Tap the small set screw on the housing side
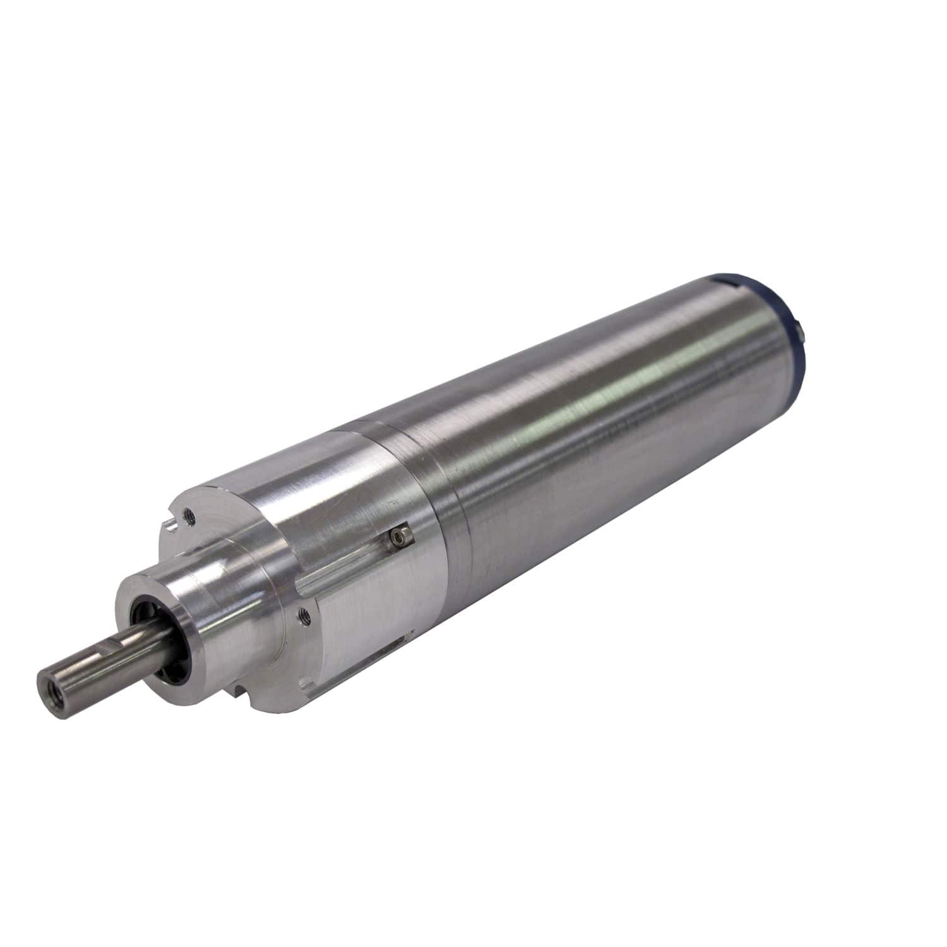click(x=397, y=536)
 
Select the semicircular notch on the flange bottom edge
click(x=238, y=696)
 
